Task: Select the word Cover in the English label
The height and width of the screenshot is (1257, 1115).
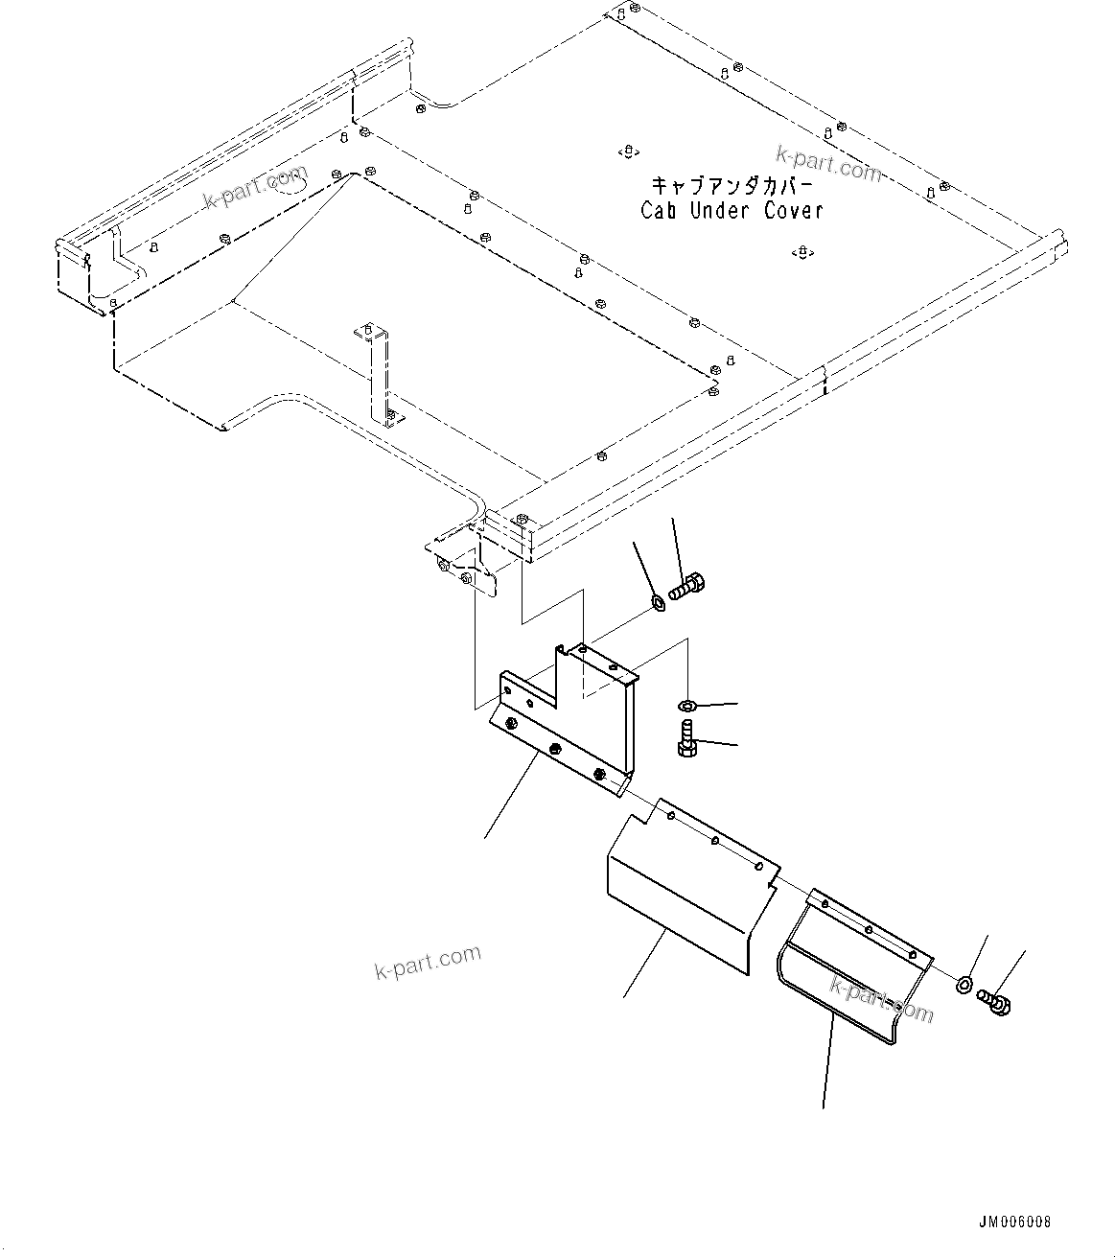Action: [793, 211]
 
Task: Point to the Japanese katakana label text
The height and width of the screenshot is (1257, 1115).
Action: [732, 185]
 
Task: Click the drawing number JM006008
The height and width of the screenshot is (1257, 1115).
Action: [1014, 1222]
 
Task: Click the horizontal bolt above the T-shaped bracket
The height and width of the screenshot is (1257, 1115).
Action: [686, 586]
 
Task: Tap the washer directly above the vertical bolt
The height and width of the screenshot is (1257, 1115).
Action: [686, 707]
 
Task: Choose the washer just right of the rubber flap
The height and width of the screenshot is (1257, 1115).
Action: [964, 985]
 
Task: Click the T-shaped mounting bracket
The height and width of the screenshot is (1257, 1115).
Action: [566, 719]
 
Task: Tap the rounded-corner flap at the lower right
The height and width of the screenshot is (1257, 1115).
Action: [844, 968]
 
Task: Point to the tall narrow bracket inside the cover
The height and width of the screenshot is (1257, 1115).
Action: [381, 374]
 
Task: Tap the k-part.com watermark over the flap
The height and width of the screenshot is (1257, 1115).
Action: [881, 1001]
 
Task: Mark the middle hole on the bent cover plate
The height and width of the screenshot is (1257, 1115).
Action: [716, 842]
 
